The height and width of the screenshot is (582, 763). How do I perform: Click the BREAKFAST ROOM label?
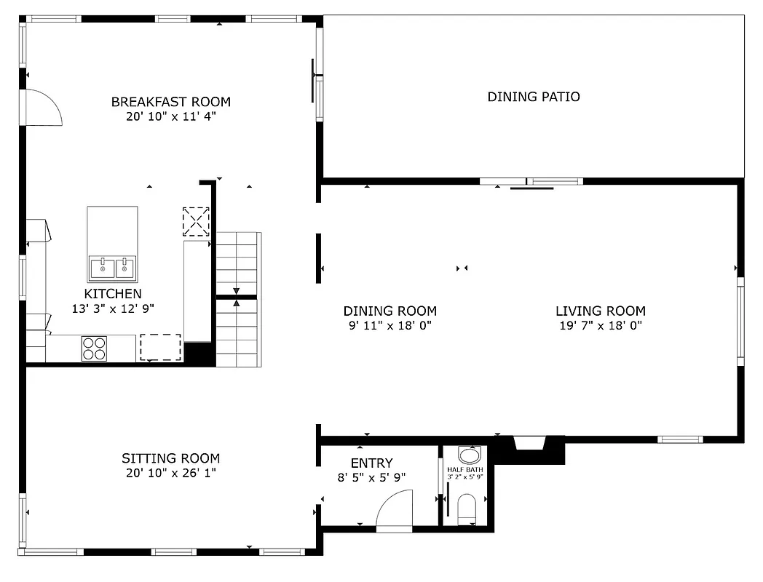170,102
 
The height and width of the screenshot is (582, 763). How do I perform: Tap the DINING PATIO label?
533,97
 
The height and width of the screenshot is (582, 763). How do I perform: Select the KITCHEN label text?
113,294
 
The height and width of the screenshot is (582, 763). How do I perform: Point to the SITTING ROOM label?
170,458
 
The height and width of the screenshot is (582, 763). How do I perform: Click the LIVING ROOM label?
600,311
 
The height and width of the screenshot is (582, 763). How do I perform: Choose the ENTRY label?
371,463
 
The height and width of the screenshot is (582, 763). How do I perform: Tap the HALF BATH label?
464,470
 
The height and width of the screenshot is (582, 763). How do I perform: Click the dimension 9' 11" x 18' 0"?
390,326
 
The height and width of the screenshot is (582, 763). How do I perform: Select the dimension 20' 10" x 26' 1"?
170,473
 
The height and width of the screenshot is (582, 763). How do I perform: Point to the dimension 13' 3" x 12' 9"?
113,308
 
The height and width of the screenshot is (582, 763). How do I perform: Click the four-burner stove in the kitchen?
93,348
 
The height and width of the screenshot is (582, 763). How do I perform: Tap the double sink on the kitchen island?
113,268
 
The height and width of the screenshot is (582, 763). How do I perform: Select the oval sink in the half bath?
470,456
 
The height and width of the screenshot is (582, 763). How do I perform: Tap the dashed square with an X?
196,221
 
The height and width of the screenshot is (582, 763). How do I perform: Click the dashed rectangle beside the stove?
160,347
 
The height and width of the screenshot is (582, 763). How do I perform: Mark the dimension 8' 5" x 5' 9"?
371,478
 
